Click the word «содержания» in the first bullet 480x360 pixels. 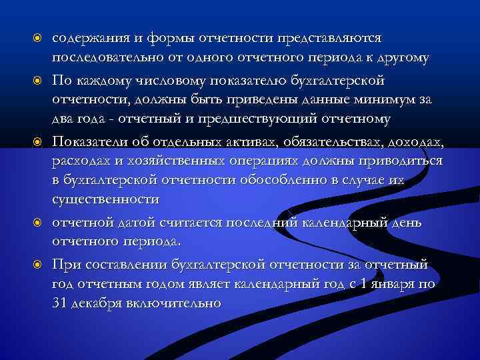coord(89,39)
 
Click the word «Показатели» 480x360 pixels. coord(89,142)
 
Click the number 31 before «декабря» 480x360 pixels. coord(60,302)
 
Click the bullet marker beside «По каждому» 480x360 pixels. coord(39,81)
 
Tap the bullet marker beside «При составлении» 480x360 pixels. coord(39,265)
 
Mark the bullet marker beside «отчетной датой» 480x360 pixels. coord(39,222)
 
